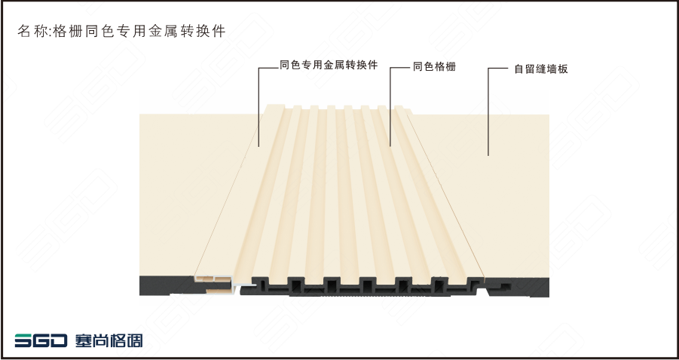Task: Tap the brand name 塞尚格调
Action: (109, 340)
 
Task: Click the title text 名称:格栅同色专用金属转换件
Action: (121, 32)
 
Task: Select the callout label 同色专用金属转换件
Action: (328, 66)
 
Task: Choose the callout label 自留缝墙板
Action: (540, 69)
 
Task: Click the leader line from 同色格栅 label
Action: (390, 105)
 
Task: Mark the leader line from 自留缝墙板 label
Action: (488, 113)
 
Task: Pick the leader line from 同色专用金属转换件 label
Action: (258, 105)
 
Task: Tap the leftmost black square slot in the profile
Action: (261, 285)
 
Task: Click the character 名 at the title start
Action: (23, 32)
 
